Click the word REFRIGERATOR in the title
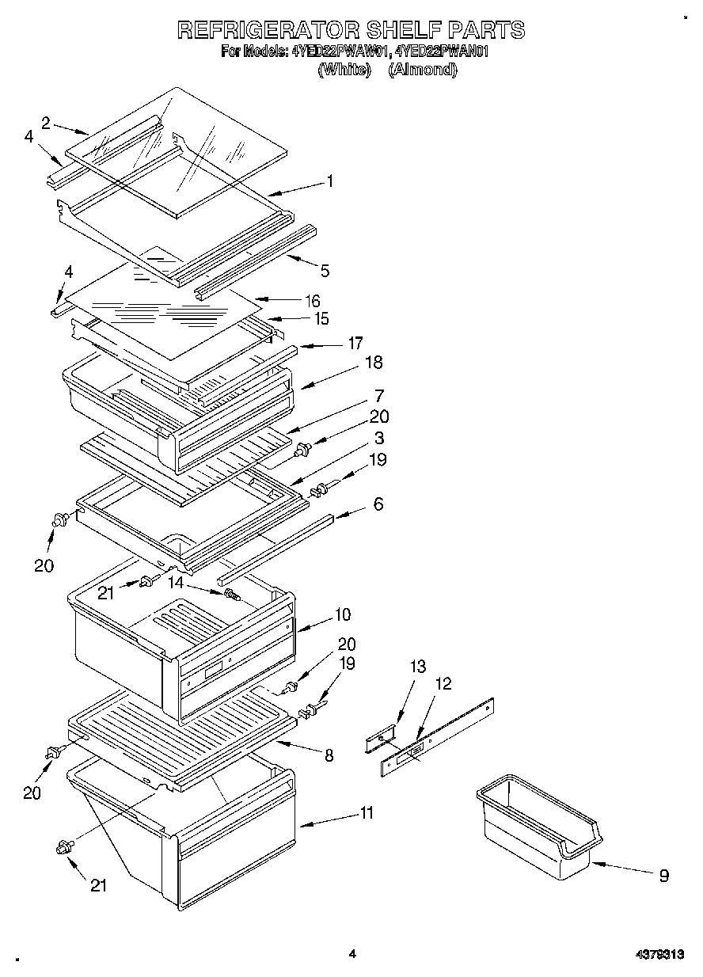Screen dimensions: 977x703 click(266, 30)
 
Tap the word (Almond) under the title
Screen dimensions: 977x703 click(423, 70)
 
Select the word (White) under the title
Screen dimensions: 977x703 click(344, 70)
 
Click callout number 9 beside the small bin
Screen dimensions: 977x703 click(663, 875)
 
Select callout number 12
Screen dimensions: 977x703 click(444, 683)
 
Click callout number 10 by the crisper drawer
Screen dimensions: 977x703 click(343, 614)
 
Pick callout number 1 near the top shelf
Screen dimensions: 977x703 click(329, 181)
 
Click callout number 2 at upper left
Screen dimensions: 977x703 click(46, 123)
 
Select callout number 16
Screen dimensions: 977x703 click(313, 301)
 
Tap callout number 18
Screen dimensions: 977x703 click(373, 362)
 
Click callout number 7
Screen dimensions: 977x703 click(379, 394)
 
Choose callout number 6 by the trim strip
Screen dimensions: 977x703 click(378, 504)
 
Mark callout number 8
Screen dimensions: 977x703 click(329, 756)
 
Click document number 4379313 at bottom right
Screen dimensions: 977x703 click(659, 955)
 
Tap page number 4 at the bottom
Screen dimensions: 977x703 click(352, 955)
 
